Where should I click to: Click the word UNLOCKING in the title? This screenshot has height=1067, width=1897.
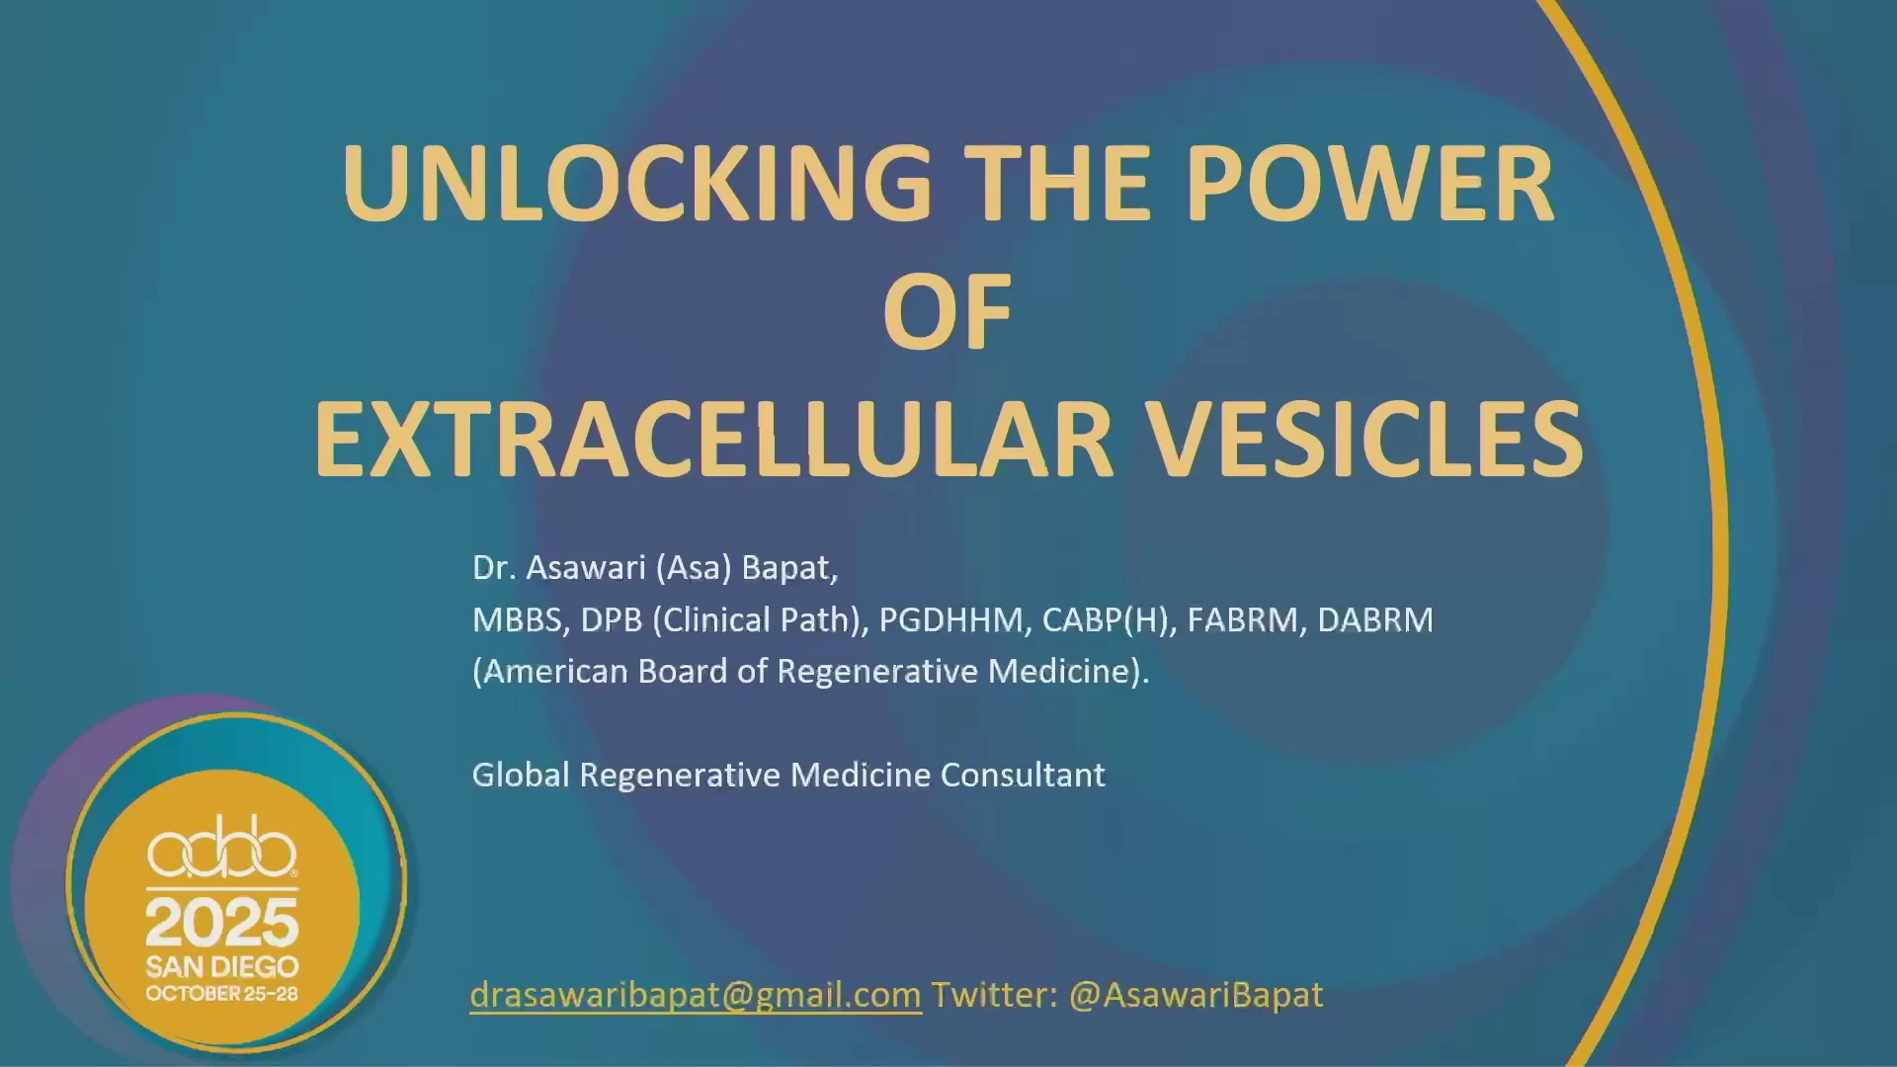pos(637,184)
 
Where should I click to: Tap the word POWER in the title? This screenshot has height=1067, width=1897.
pos(1370,184)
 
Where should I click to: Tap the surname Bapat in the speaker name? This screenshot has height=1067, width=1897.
pos(789,568)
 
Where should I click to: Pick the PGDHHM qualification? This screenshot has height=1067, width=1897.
pos(954,619)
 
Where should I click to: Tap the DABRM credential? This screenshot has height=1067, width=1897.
pos(1374,619)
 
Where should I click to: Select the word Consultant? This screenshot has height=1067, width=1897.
pos(1023,775)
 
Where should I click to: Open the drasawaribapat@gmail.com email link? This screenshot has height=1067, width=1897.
pos(696,995)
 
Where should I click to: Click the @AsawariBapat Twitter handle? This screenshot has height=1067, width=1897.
pos(1196,995)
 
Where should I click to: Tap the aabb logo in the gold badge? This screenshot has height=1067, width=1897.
pos(222,847)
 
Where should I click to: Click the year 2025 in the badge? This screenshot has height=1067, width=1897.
pos(222,923)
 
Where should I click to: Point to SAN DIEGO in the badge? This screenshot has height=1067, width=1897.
pos(222,966)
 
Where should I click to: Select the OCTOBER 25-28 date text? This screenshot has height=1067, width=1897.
pos(222,994)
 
